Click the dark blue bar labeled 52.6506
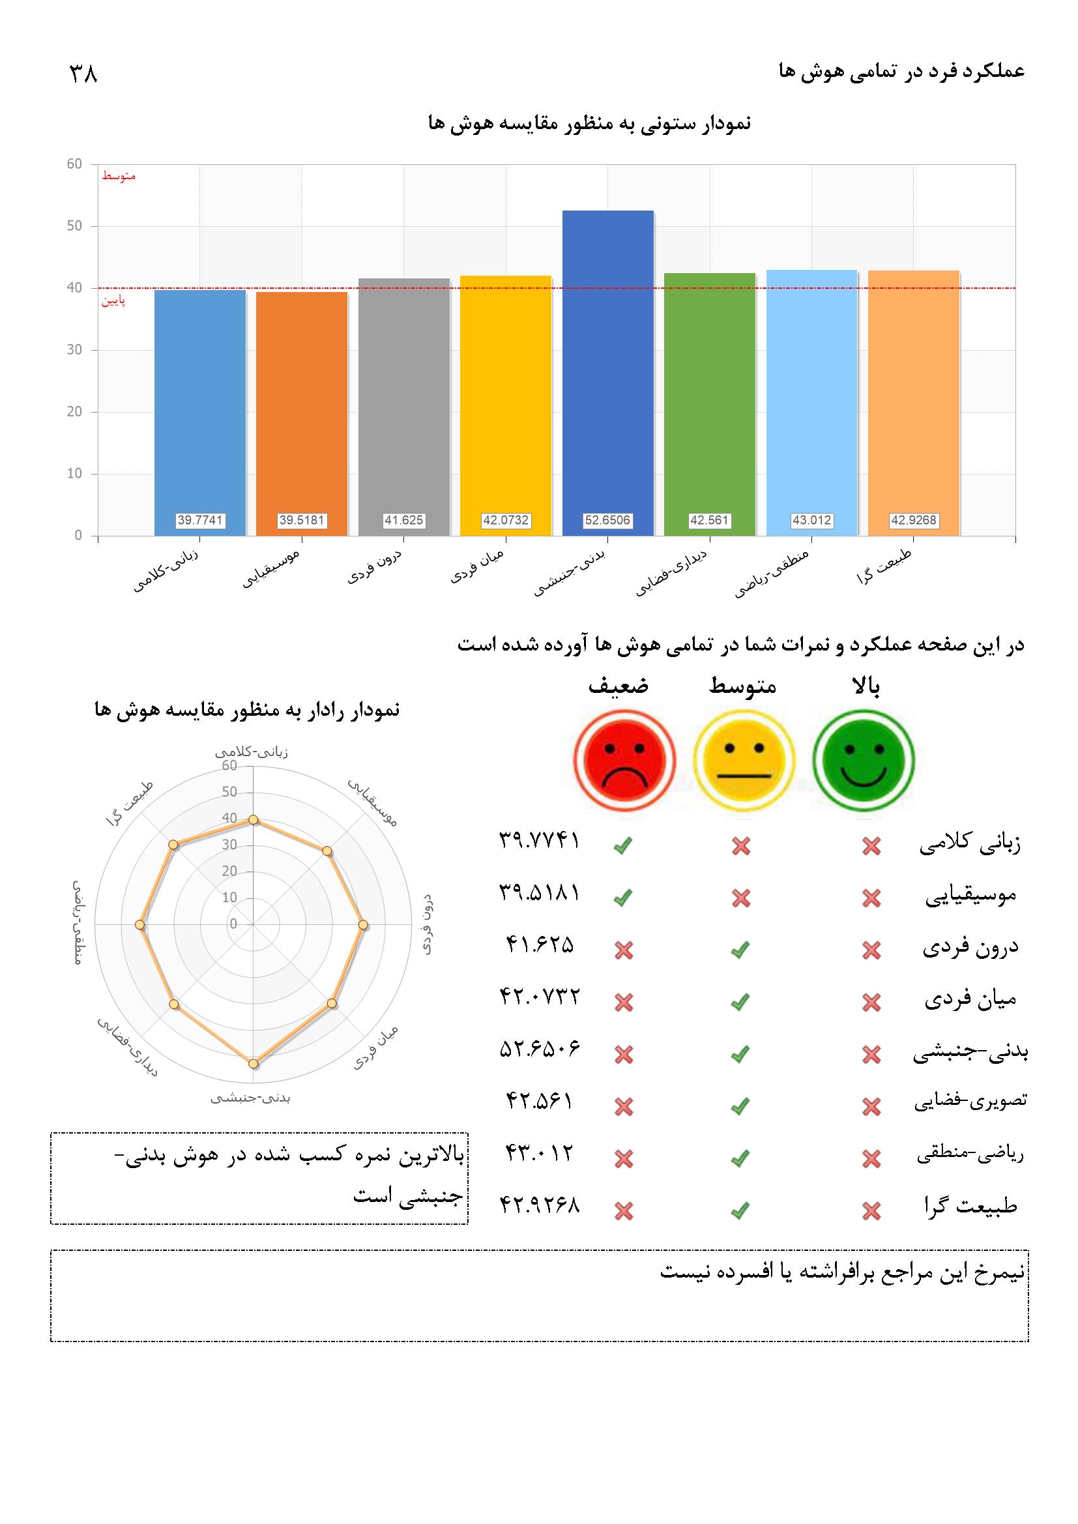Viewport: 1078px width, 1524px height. click(607, 372)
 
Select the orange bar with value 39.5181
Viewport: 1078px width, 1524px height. click(301, 411)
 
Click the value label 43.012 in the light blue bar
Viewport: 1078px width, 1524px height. click(811, 520)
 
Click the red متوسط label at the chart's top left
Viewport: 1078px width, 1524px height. click(118, 177)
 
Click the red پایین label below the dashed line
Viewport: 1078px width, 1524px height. click(113, 301)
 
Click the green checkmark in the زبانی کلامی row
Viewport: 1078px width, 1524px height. click(622, 845)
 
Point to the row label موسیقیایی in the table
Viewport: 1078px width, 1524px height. click(970, 896)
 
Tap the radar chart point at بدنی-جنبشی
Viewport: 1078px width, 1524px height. click(253, 1063)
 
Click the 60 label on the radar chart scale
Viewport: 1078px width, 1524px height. click(229, 766)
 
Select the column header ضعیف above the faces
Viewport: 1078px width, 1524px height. click(618, 686)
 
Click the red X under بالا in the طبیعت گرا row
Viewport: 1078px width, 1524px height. click(871, 1212)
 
